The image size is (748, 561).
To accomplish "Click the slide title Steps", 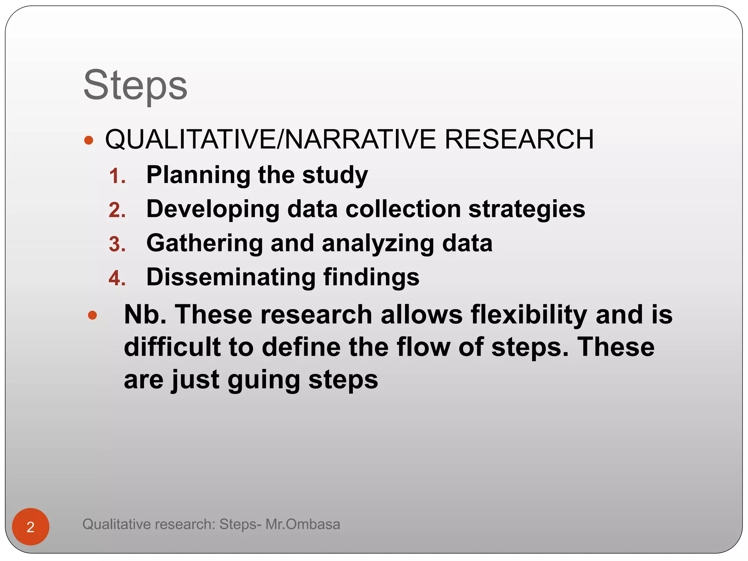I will tap(135, 86).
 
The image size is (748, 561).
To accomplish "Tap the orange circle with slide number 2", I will tap(31, 527).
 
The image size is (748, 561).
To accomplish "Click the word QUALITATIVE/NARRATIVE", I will tap(270, 140).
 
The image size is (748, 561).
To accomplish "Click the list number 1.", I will tap(117, 176).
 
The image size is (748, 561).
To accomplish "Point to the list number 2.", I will tap(117, 210).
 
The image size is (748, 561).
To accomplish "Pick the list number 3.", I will tap(117, 244).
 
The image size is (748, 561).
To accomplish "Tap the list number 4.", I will tap(117, 278).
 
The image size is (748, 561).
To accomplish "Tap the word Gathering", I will tap(205, 243).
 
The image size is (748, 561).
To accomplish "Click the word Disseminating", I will tap(231, 277).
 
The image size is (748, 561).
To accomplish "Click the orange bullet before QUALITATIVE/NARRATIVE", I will tap(89, 140).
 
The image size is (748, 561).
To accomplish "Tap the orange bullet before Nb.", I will tap(92, 315).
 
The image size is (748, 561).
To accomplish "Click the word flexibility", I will tap(529, 314).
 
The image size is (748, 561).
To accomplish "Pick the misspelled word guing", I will tap(264, 380).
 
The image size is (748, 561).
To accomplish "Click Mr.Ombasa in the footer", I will tap(303, 524).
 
